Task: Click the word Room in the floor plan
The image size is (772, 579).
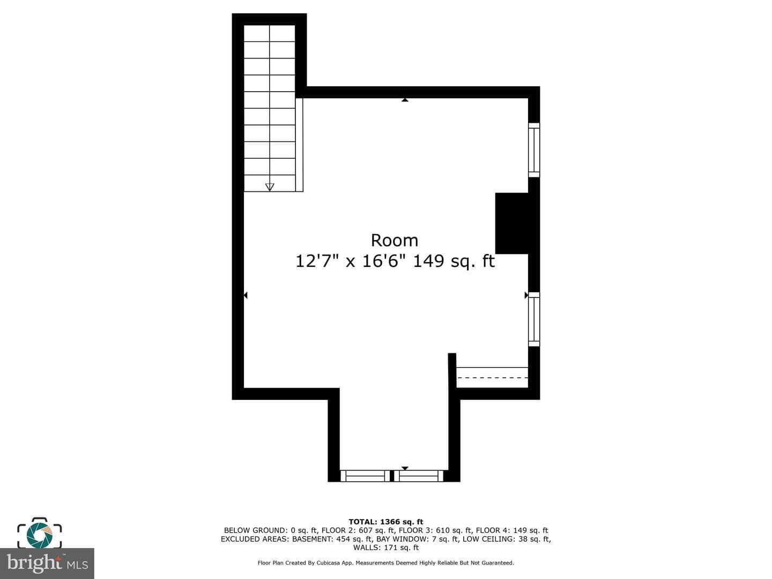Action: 395,241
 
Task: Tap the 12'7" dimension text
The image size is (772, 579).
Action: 317,261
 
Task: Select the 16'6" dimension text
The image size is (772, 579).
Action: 384,261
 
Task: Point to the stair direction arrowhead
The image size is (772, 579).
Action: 270,187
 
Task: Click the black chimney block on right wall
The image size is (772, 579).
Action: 512,223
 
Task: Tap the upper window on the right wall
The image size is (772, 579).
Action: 534,150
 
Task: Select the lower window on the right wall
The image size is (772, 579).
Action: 534,319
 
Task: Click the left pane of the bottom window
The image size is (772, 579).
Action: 365,476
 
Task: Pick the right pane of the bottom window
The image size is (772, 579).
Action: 419,476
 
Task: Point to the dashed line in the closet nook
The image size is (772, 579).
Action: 492,377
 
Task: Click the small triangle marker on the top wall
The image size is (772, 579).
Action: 405,100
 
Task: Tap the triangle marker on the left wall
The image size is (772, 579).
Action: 246,295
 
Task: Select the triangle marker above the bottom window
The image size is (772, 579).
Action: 405,468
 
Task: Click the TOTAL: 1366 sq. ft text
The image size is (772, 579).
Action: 386,522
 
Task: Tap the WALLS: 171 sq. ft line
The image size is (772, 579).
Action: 386,547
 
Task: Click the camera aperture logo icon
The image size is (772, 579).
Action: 39,533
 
